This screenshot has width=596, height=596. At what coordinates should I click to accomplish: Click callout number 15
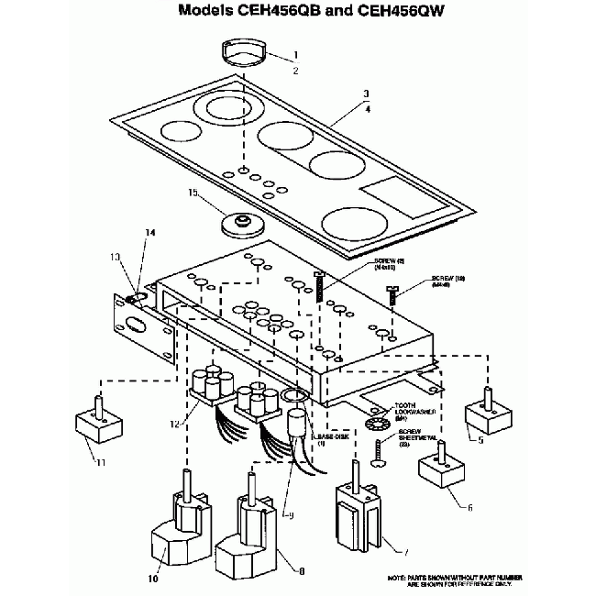[193, 193]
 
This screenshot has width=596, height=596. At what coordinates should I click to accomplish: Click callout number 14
[150, 233]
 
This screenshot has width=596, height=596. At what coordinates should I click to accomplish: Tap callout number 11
[100, 461]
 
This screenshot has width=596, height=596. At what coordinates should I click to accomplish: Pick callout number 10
[152, 579]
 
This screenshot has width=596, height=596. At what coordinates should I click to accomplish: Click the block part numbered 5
[486, 414]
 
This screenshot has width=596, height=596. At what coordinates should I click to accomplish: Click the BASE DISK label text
[333, 439]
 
